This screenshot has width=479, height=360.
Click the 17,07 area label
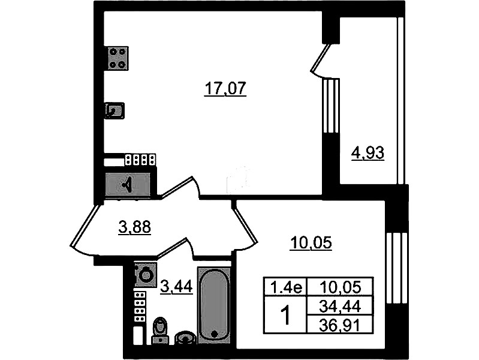pos(225,89)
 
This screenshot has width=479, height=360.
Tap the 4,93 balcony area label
pos(367,153)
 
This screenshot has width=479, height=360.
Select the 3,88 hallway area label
pos(135,227)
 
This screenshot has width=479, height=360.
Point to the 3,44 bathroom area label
pos(177,287)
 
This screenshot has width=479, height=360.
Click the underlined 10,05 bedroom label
pos(311,244)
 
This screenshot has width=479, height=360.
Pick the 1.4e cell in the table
pos(286,287)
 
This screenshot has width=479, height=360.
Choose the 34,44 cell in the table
pos(340,306)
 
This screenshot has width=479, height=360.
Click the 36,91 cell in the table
pos(340,325)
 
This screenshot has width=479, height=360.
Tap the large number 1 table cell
pos(285,316)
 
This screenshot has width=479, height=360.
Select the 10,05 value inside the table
pos(340,287)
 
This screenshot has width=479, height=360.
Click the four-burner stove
pos(117,58)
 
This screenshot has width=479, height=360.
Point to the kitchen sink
pos(115,110)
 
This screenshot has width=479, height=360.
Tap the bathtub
pos(214,305)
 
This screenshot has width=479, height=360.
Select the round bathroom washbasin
pos(185,338)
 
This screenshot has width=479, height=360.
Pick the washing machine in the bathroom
pos(146,275)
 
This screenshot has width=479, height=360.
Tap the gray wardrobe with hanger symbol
pos(128,184)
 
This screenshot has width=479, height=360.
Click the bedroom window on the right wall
pos(397,268)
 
